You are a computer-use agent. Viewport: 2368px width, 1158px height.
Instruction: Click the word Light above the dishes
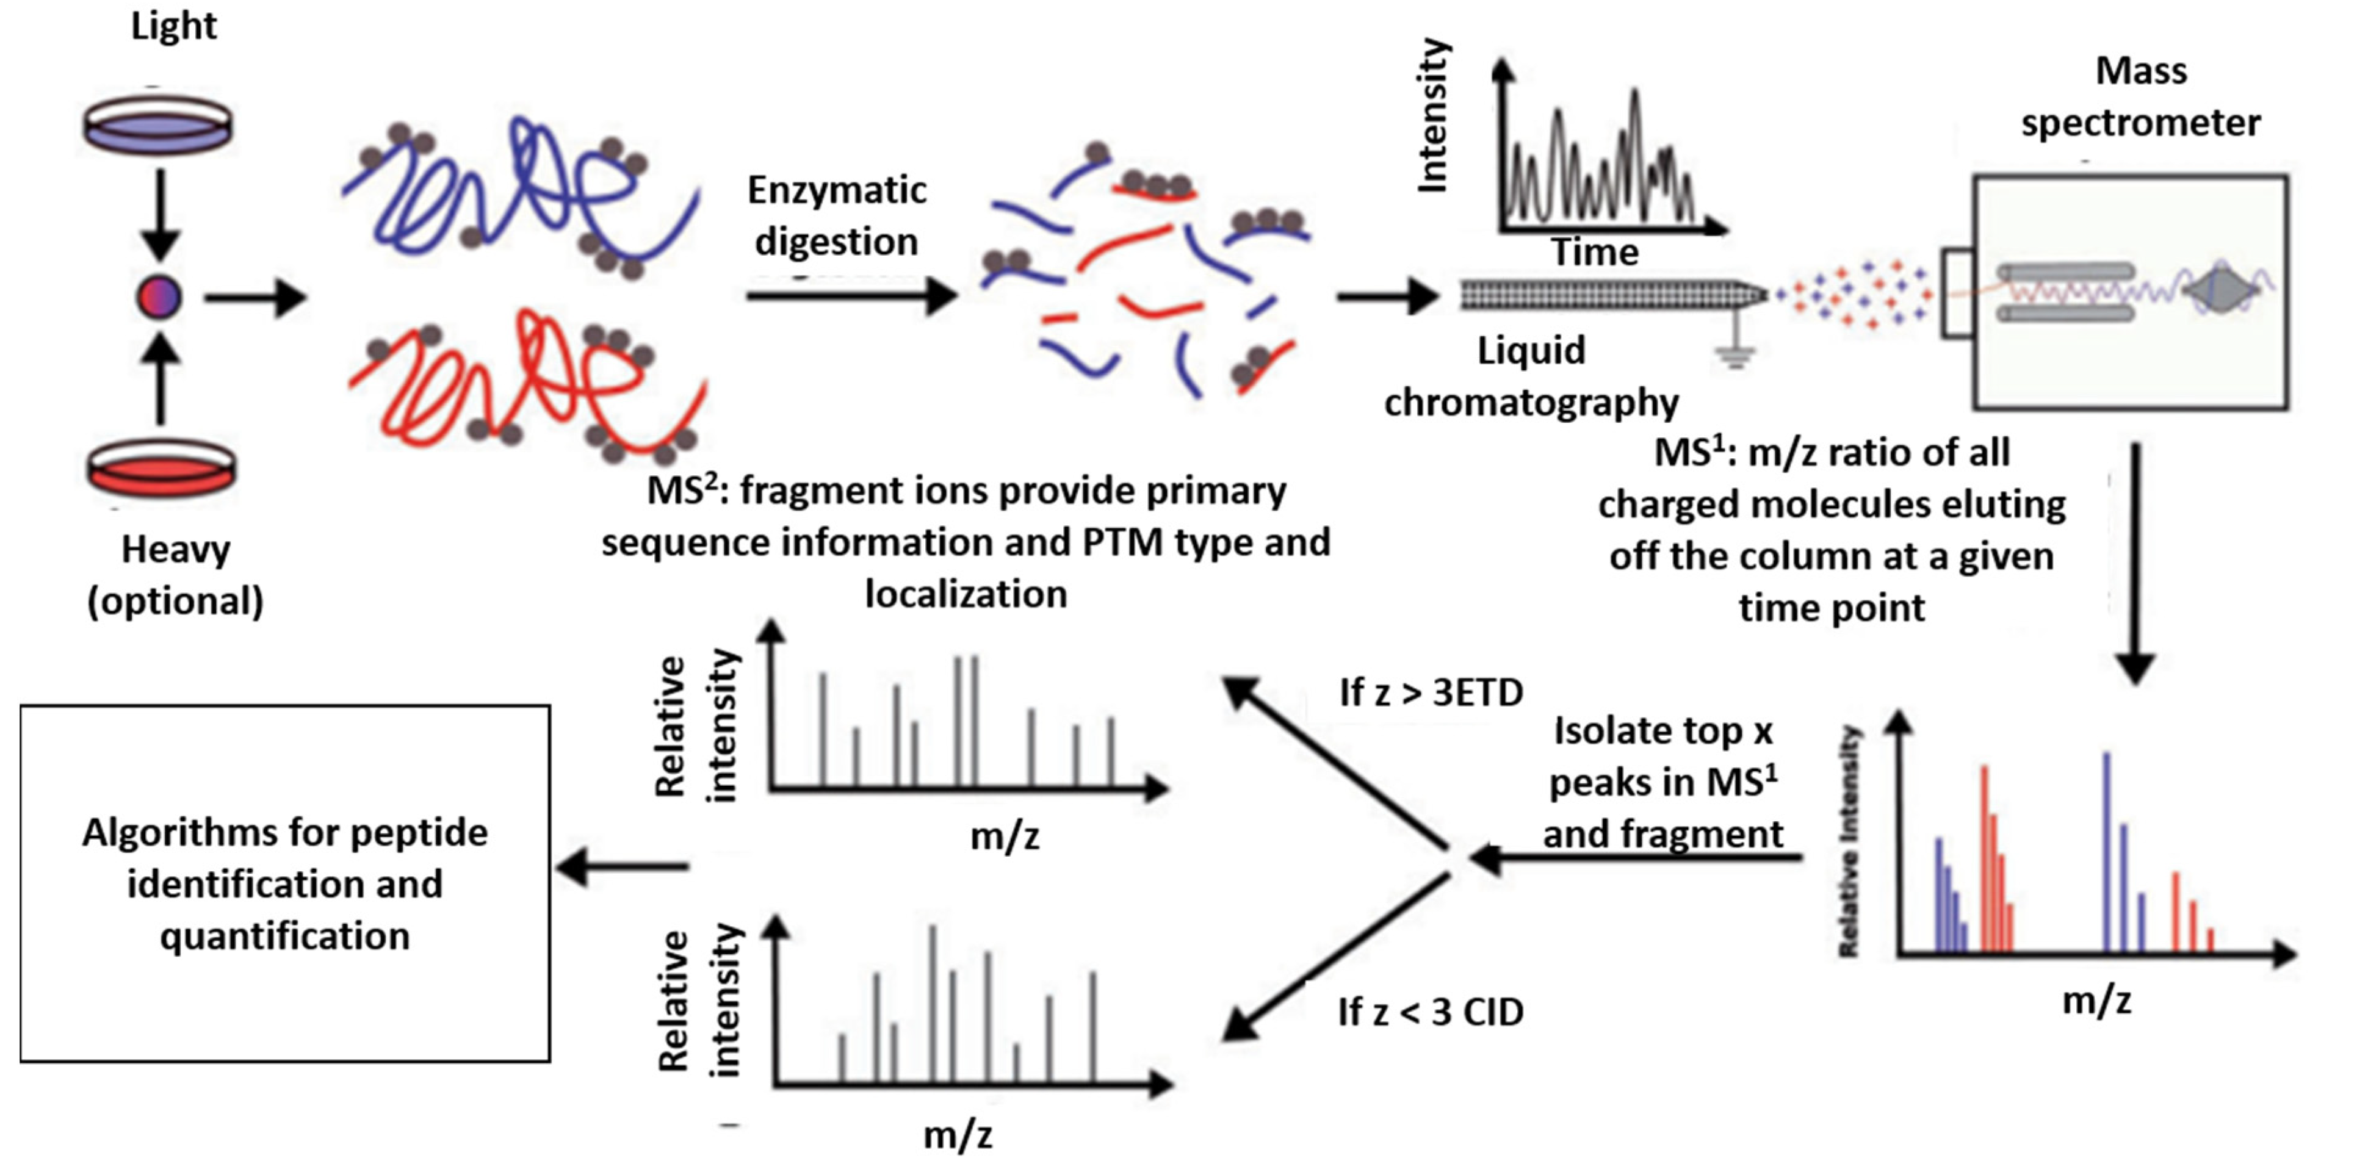pos(174,26)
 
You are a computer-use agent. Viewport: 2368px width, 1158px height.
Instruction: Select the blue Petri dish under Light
pos(157,124)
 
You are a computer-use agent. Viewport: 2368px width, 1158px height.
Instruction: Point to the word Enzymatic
pos(837,190)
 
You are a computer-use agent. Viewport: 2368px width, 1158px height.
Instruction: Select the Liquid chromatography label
pos(1531,376)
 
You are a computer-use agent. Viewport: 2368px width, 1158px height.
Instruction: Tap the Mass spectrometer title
pos(2140,96)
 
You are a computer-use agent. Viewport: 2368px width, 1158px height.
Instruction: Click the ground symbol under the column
pos(1734,354)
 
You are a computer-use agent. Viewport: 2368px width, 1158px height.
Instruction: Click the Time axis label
pos(1595,252)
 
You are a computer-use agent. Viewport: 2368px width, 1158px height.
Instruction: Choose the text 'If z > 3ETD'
pos(1431,692)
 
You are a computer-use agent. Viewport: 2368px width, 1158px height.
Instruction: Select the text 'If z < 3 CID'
pos(1431,1011)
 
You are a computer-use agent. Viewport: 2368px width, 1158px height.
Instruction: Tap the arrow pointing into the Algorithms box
pos(623,866)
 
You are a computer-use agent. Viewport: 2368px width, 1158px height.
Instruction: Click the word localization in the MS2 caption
pos(966,594)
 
